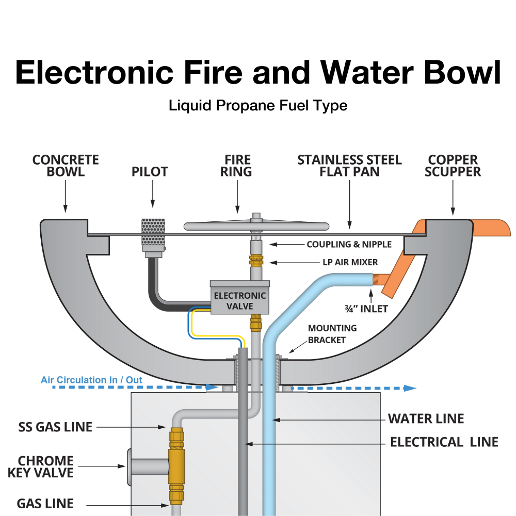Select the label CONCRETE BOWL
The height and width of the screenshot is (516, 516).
click(66, 166)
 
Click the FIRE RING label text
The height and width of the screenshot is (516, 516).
click(237, 166)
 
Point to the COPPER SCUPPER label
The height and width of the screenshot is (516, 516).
click(453, 166)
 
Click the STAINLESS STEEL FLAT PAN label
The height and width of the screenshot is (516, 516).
click(349, 166)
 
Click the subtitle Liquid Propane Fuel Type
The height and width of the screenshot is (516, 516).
click(258, 106)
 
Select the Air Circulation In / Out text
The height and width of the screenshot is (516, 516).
click(91, 380)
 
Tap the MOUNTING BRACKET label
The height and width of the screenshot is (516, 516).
click(332, 334)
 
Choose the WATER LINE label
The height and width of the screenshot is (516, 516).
click(426, 418)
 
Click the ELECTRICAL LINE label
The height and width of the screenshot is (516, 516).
click(444, 442)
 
